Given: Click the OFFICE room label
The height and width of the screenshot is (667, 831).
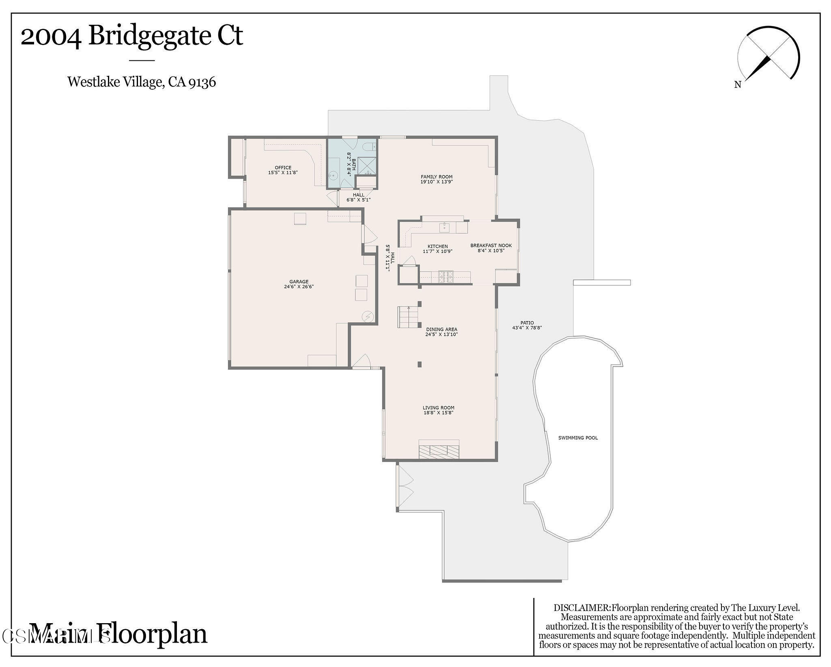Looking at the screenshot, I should (283, 167).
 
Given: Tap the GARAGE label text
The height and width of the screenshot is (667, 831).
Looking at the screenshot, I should (299, 281).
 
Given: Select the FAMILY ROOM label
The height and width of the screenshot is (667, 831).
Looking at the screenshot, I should (436, 177).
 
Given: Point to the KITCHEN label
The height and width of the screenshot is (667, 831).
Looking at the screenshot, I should (437, 246).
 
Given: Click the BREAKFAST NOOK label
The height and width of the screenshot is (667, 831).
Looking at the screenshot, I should (491, 245).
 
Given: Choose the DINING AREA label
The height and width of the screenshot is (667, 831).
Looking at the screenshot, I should (441, 329).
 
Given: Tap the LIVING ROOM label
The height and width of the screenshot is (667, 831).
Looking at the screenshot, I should (438, 408).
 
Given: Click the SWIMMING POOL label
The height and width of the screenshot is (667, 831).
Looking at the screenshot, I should (578, 438).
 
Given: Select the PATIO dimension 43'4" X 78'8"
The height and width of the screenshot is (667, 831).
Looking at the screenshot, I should (527, 328).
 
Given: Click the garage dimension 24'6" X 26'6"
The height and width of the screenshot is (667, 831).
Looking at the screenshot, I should (299, 287).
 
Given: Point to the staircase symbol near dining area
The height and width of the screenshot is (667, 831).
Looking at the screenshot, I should (408, 317).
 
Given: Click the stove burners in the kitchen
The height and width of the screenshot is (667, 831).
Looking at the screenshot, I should (446, 277).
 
